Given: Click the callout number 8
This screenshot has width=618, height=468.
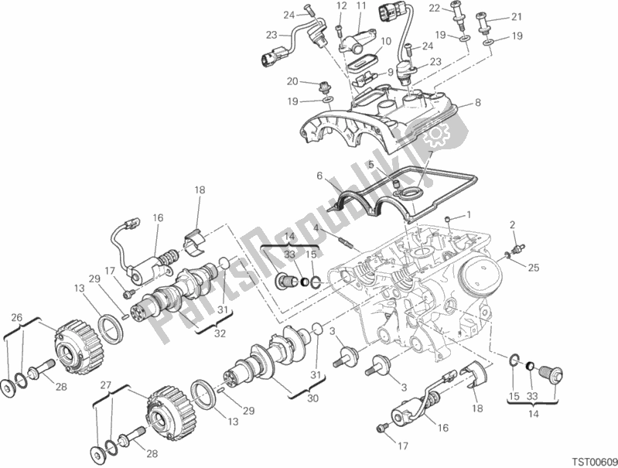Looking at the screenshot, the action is pos(478,103).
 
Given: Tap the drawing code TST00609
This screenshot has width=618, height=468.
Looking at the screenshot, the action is pos(594,462).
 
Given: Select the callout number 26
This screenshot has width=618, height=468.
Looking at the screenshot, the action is pos(16,306).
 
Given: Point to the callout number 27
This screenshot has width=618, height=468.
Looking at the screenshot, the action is pos(104,385).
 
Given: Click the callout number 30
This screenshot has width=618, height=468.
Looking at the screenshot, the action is pos(312,398).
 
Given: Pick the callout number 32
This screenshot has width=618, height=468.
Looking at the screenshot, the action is pos(220,333).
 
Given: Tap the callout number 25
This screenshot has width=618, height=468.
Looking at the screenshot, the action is pos(533,268).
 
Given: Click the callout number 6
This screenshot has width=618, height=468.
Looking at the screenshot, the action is pos(319,176).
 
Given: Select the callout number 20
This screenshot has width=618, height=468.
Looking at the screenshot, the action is pos(292,82).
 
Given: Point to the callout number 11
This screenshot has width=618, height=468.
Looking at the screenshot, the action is pos(361,6).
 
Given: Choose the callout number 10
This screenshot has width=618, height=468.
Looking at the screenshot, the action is pos(386,41).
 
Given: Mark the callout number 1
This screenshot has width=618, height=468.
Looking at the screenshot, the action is pos(468,215).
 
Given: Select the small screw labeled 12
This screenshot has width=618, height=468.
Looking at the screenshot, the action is pos(340,31).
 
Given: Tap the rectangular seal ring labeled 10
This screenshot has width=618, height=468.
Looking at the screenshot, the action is pos(360,63).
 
